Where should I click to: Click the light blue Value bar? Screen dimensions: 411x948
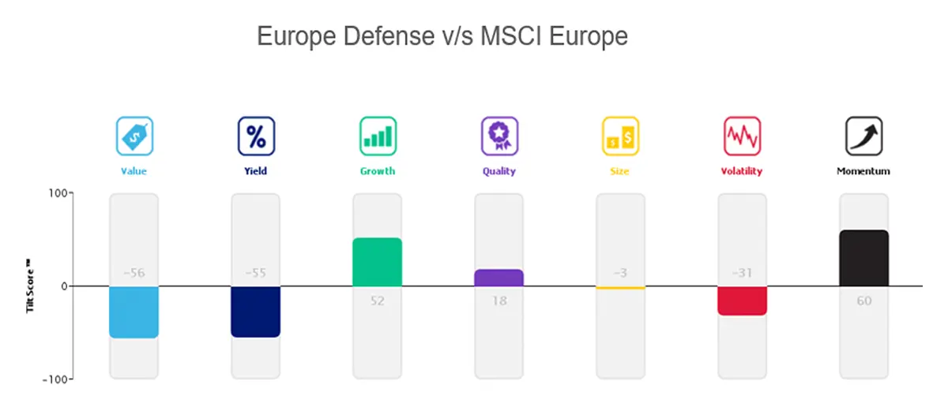coord(134,312)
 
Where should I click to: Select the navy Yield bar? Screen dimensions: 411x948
coord(255,312)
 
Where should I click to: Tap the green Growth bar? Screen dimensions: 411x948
coord(377,262)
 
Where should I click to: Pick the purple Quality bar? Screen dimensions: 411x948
coord(498,278)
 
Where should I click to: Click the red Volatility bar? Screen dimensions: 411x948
coord(742,301)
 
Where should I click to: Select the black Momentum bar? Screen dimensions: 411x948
coord(863,259)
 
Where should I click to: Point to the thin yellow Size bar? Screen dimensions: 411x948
coord(620,288)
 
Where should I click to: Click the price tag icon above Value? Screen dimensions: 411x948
coord(134,136)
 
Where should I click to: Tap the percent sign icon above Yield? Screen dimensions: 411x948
coord(256,136)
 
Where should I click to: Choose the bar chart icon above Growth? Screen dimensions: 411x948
coord(378,136)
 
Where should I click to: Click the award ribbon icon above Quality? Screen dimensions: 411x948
coord(499,136)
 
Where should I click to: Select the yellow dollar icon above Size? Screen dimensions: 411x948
coord(620,136)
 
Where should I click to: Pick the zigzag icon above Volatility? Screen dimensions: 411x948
coord(742,136)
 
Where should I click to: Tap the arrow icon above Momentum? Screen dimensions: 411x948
coord(863,136)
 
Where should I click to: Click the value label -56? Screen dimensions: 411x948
coord(134,273)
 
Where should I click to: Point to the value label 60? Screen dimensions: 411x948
coord(863,301)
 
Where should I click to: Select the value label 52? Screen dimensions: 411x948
coord(377,301)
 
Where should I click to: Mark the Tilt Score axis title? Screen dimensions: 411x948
coord(30,286)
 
